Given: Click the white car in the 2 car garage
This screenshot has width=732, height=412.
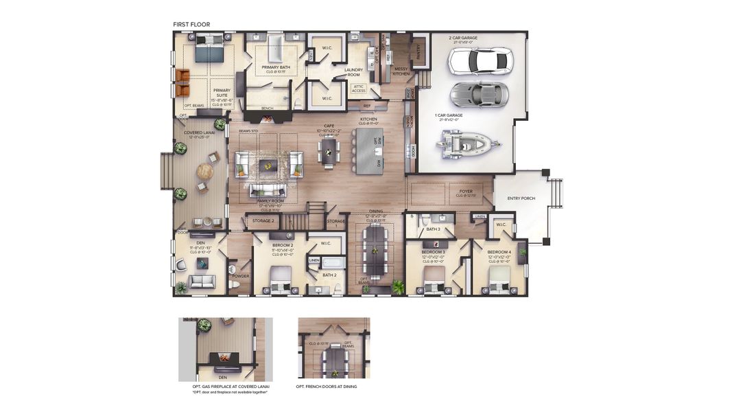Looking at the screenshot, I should [x=480, y=60].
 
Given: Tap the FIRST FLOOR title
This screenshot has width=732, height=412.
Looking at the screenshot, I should [x=191, y=25].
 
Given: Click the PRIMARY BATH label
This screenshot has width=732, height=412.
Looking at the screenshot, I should [x=275, y=67].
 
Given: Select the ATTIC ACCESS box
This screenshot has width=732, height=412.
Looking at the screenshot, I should [x=359, y=89].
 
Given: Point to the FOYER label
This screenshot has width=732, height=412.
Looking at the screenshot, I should [x=467, y=192].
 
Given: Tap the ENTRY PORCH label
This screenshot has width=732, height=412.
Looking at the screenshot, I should [x=521, y=198].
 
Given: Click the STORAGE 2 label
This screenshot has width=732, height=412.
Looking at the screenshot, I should [x=263, y=221].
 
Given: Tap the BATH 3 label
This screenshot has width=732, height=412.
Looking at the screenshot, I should [x=433, y=229].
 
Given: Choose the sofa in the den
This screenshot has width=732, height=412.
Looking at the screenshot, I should [x=203, y=282].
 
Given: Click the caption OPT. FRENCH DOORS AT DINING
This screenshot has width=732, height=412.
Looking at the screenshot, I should [x=326, y=387].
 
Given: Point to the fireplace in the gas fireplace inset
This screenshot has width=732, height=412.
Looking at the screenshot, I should [x=222, y=358].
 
